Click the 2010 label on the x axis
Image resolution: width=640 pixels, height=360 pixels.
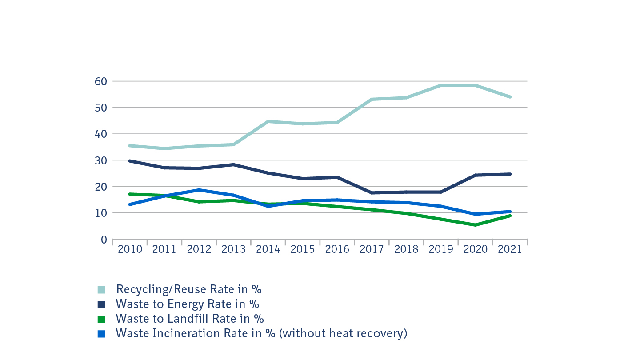(x=130, y=249)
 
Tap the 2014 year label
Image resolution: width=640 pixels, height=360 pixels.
(x=268, y=249)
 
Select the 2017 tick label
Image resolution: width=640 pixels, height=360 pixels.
(x=372, y=249)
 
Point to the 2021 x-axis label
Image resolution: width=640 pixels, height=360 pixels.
(x=510, y=249)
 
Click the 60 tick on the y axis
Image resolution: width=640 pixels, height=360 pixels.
(x=100, y=81)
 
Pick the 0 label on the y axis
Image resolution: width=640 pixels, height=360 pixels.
(x=104, y=240)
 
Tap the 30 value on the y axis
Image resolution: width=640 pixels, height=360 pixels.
(x=100, y=160)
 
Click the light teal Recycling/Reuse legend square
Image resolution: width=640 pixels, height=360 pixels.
(x=101, y=290)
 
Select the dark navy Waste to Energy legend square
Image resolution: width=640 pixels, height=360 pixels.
(x=101, y=304)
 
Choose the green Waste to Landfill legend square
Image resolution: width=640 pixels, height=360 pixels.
(x=101, y=319)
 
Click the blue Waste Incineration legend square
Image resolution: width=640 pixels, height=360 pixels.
(x=101, y=334)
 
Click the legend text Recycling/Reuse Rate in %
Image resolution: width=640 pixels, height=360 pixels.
(x=189, y=289)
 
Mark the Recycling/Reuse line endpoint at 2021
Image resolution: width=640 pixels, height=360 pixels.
(x=510, y=97)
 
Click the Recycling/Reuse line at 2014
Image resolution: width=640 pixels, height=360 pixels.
(x=268, y=121)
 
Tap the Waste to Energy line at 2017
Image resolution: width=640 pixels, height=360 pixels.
(x=372, y=193)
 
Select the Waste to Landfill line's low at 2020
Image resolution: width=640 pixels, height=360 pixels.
(x=475, y=225)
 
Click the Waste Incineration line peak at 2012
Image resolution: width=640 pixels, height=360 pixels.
(x=199, y=190)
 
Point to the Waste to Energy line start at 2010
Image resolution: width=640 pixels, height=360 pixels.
(x=130, y=161)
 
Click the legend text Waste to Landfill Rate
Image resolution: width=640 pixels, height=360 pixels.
(x=190, y=319)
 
